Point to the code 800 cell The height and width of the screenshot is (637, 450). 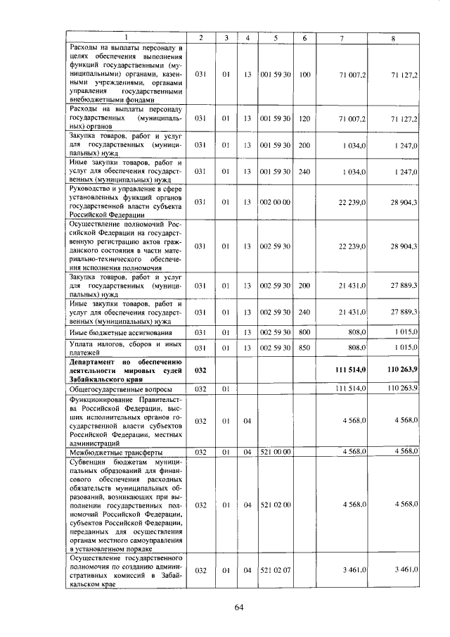[304, 332]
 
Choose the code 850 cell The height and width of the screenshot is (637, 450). [304, 347]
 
